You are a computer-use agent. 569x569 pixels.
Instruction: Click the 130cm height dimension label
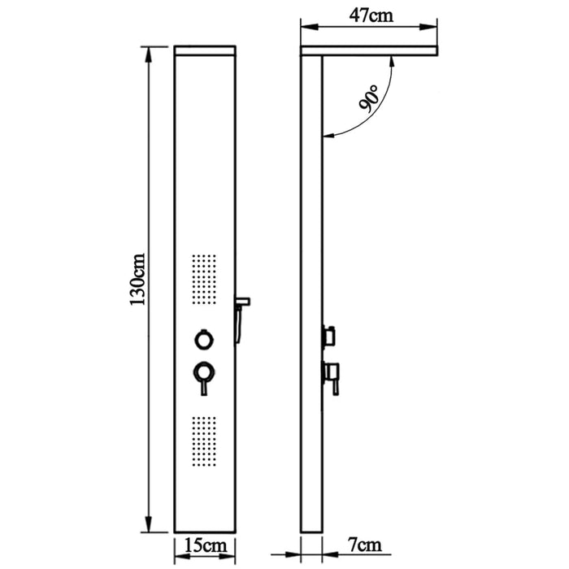pyautogui.click(x=138, y=280)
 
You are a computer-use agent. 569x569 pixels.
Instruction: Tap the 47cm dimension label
pyautogui.click(x=371, y=15)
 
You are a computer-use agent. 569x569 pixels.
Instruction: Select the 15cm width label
pyautogui.click(x=206, y=545)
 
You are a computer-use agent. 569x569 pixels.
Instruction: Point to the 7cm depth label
pyautogui.click(x=365, y=545)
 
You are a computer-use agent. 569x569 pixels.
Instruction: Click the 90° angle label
pyautogui.click(x=369, y=98)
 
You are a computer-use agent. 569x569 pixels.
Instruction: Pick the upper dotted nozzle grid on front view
pyautogui.click(x=204, y=279)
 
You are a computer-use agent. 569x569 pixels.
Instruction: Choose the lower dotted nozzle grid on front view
pyautogui.click(x=204, y=441)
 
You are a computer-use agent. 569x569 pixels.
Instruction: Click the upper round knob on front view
pyautogui.click(x=204, y=340)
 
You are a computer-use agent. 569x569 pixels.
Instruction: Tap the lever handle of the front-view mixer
pyautogui.click(x=204, y=387)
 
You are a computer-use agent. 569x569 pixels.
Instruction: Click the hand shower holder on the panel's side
pyautogui.click(x=241, y=319)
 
